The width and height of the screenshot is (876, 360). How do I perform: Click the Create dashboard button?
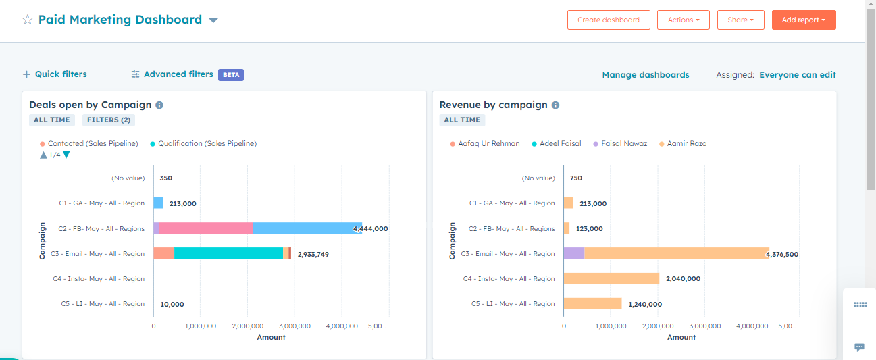tap(608, 20)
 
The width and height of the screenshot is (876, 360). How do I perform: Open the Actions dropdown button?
tap(683, 20)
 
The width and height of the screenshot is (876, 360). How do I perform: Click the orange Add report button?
tap(803, 20)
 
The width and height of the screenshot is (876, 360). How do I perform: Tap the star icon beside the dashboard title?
tap(28, 20)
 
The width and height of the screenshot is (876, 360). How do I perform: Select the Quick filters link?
tap(55, 74)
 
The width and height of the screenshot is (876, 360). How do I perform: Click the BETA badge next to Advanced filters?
tap(231, 75)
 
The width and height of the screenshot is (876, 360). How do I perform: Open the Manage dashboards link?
tap(645, 75)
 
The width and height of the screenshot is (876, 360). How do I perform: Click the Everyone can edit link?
tap(797, 75)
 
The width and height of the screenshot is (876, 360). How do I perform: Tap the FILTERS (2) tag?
tap(109, 120)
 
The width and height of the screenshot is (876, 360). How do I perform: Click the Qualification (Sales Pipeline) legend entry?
tap(207, 143)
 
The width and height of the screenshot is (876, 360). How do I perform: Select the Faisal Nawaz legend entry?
tap(623, 143)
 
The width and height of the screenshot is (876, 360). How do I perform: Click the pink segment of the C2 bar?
tap(205, 228)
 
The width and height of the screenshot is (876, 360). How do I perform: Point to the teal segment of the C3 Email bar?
tap(228, 253)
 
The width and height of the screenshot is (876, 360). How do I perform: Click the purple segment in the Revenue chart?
tap(573, 253)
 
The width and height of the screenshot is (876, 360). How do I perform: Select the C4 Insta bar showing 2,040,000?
tap(611, 278)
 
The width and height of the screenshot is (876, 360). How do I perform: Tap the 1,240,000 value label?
tap(645, 304)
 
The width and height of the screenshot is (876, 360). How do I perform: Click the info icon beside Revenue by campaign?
tap(555, 105)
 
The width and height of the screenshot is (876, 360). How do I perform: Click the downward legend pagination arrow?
tap(66, 155)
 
